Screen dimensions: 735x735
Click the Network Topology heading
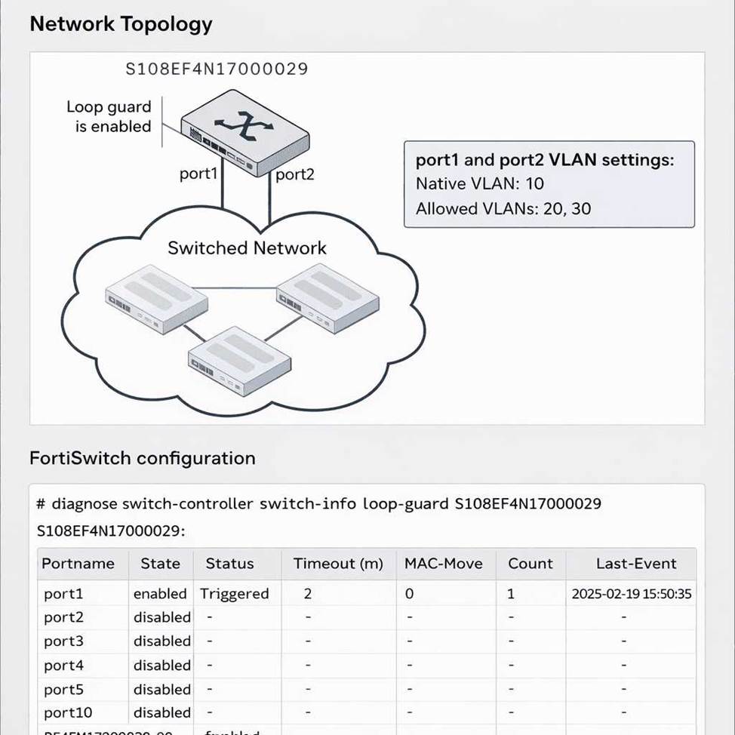(121, 23)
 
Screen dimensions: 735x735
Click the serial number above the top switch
(217, 69)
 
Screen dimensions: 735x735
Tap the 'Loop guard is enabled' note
(109, 117)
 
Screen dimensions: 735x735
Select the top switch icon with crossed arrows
(244, 130)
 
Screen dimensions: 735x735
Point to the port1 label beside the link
(198, 174)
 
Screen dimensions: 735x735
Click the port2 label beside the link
(294, 174)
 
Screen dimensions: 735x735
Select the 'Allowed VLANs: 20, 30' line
(503, 208)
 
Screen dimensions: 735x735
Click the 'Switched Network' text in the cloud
(247, 248)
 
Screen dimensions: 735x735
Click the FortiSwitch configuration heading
(142, 458)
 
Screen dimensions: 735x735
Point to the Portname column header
(78, 564)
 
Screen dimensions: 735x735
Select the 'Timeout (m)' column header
(338, 564)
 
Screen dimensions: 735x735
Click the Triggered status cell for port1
(234, 594)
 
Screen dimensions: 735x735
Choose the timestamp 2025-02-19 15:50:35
(631, 594)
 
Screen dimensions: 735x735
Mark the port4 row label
(63, 666)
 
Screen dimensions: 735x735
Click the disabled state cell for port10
(162, 712)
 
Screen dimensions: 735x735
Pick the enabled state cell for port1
(160, 594)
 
